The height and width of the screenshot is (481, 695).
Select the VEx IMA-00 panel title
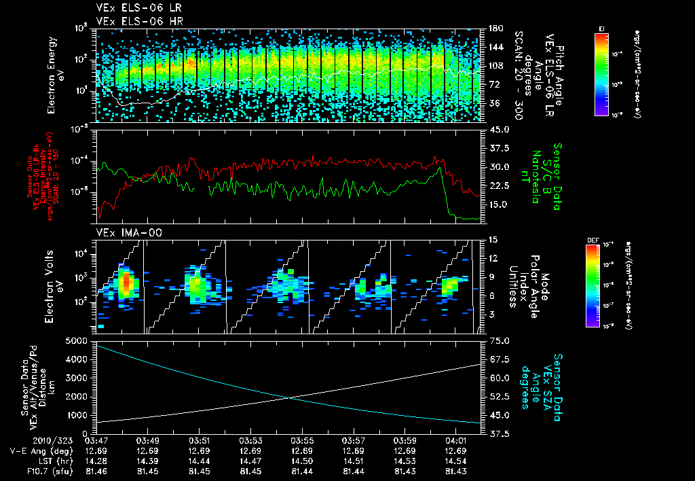tap(123, 233)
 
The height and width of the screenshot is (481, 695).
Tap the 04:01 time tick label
tap(455, 440)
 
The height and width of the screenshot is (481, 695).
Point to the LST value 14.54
tap(455, 460)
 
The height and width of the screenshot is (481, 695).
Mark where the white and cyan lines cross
tap(290, 397)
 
